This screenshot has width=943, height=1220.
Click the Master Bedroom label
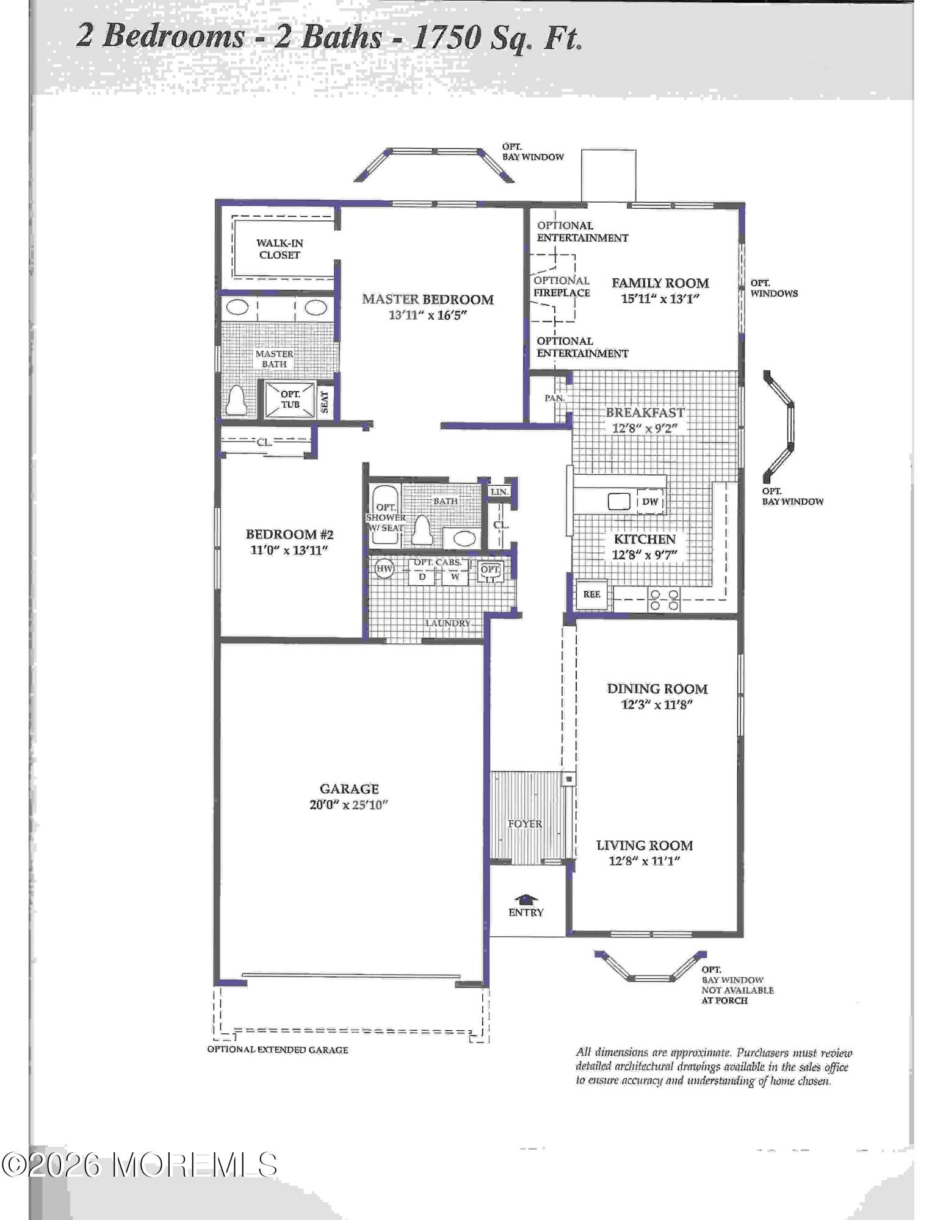(427, 299)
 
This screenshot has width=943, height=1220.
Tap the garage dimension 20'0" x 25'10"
(349, 804)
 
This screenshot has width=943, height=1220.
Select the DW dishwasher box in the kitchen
(650, 502)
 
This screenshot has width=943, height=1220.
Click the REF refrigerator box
(591, 594)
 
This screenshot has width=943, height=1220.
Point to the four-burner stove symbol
(664, 599)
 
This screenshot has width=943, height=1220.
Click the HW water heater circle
(384, 569)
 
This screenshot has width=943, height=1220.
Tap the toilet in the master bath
(236, 400)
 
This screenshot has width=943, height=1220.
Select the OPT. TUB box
(290, 399)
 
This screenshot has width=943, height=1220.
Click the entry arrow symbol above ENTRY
(526, 899)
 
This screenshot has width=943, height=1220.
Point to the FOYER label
(525, 824)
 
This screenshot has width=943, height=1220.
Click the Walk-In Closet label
(280, 249)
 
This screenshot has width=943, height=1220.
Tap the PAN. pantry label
(554, 398)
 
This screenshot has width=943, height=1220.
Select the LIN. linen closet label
(499, 492)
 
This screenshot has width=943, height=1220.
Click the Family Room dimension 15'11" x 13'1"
(660, 299)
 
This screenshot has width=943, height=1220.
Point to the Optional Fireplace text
(562, 287)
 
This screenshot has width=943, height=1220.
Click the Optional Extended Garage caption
(278, 1050)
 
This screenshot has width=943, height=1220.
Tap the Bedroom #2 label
(289, 535)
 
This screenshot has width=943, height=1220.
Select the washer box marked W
(455, 576)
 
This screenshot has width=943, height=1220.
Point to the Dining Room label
(657, 688)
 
